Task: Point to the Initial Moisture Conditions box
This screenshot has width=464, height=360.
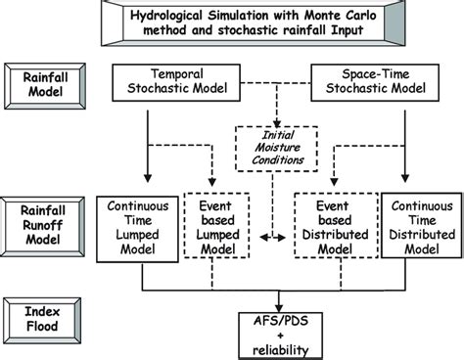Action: click(x=270, y=151)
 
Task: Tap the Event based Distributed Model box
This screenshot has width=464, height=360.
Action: click(x=334, y=235)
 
